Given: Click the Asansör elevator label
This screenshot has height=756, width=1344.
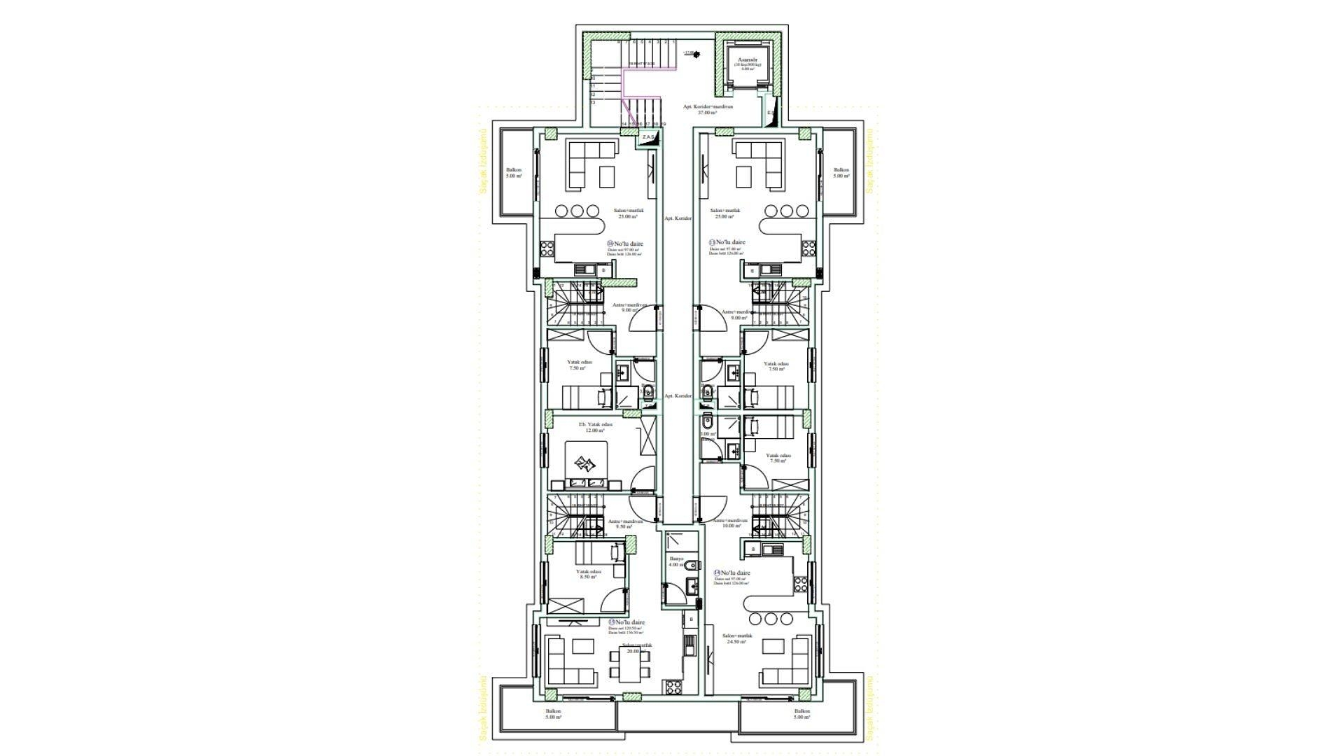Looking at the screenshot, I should (746, 61).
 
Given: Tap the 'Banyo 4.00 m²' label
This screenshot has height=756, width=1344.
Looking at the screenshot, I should (675, 561).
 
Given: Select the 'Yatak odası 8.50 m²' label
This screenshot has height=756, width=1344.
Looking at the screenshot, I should (587, 574).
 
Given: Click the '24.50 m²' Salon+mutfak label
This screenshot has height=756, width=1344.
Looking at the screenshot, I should (738, 638).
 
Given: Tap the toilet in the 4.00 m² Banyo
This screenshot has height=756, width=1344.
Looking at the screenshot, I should (692, 566).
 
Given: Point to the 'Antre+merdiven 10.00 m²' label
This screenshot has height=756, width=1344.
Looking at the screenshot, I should (730, 524).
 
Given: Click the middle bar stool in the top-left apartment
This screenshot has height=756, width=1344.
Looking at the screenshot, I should (577, 210).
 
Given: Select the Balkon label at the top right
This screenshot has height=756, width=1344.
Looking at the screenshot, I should (841, 173).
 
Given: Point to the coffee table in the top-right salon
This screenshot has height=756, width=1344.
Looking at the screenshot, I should (744, 175).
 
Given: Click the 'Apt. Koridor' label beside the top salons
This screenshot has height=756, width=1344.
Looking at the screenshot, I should (678, 218).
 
